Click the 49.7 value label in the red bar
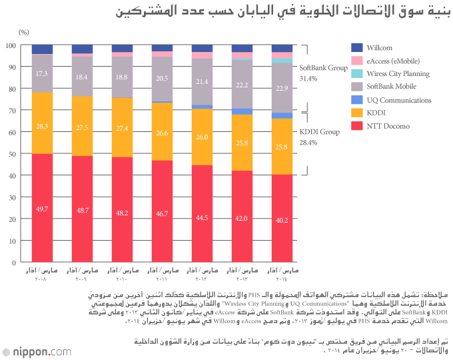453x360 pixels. (42, 209)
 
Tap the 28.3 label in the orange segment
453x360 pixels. (42, 127)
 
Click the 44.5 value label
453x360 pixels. (202, 217)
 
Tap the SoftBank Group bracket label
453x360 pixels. (324, 67)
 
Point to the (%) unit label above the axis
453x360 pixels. (24, 31)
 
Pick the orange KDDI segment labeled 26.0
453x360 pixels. (202, 137)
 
